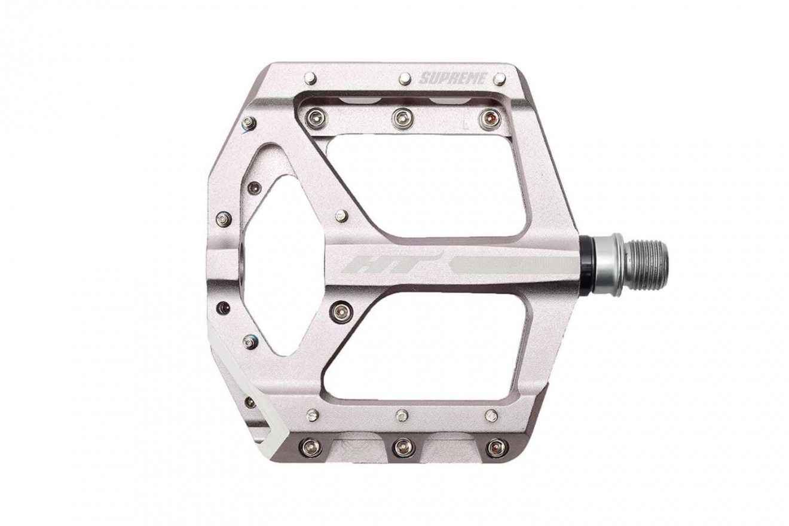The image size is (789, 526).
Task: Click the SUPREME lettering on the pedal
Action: tap(452, 78)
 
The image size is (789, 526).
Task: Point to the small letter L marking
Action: tap(466, 124)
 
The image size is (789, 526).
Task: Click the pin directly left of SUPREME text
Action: tap(405, 79)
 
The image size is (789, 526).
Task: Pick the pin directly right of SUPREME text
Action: tap(500, 79)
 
